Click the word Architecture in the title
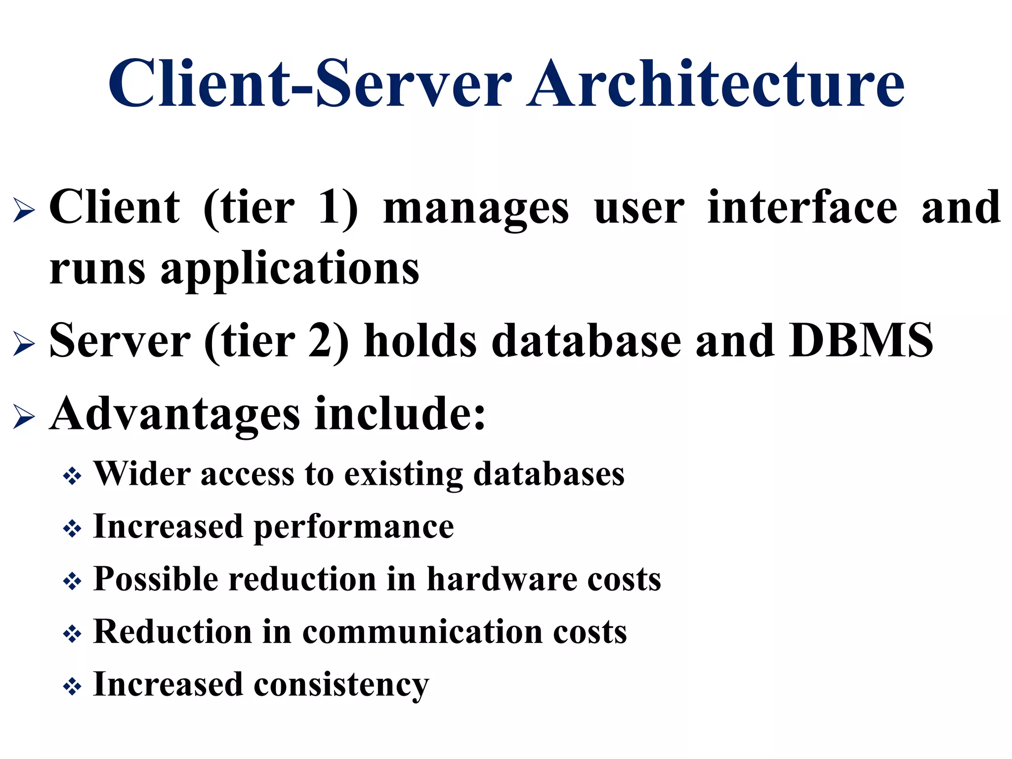(716, 84)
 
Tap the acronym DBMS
(861, 341)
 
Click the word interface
(802, 208)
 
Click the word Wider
(142, 474)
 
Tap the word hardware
(502, 579)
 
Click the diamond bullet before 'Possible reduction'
(72, 582)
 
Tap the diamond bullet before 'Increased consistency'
(72, 687)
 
